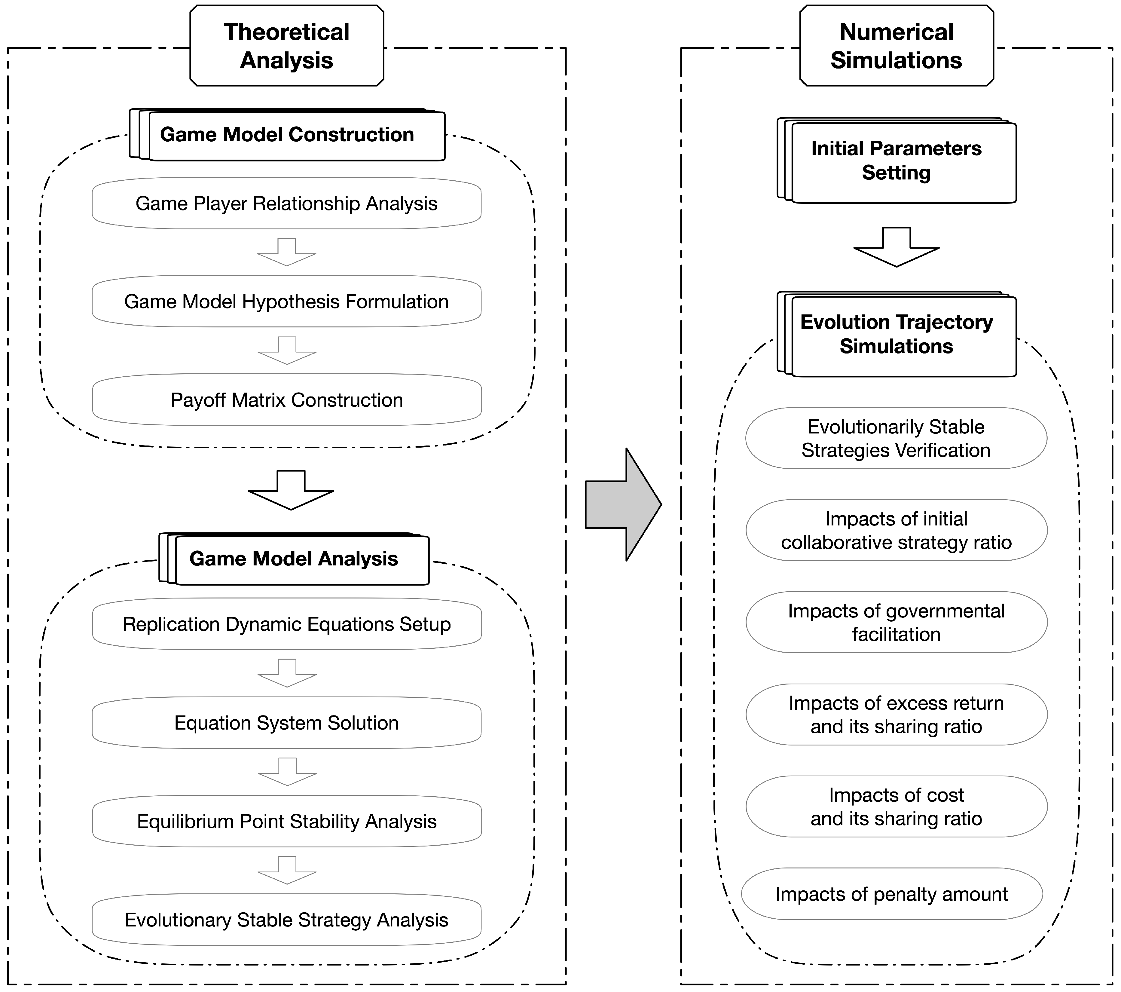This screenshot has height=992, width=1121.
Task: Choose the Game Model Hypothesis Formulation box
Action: [286, 302]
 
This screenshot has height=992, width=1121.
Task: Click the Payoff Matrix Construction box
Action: [286, 400]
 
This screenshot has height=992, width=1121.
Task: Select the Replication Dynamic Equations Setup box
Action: [286, 624]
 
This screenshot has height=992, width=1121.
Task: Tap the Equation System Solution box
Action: [286, 723]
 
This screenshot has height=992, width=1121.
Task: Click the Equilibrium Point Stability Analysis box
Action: [286, 821]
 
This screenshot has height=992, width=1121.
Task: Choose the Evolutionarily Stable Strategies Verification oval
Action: [896, 438]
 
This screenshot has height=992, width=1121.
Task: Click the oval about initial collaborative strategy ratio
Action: [896, 531]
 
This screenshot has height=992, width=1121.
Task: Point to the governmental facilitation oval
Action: [896, 623]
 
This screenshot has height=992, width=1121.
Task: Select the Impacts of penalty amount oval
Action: [892, 894]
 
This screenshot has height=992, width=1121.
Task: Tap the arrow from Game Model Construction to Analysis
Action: [291, 490]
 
